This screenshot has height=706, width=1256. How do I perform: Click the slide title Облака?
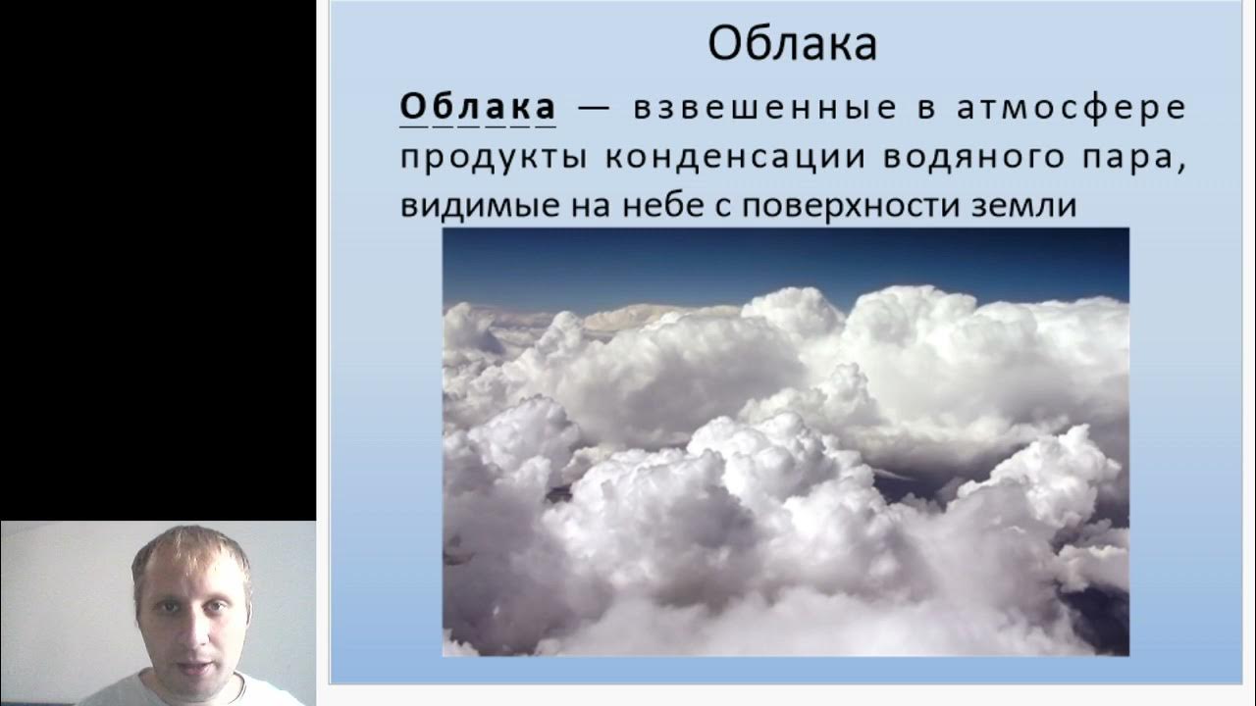coord(792,43)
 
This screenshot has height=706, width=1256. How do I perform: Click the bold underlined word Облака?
coord(477,107)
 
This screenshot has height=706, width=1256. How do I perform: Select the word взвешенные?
coord(764,108)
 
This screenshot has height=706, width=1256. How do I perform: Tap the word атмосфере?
coord(1071,108)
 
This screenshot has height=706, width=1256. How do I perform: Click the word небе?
coord(637,207)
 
